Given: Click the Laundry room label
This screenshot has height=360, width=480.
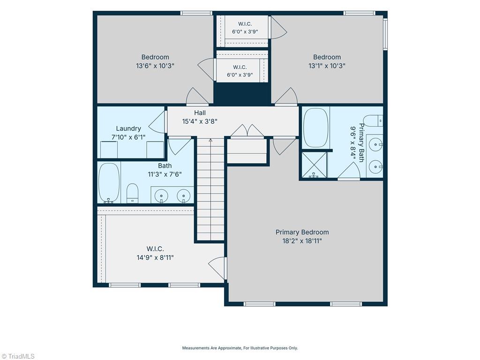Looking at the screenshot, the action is pos(128,128).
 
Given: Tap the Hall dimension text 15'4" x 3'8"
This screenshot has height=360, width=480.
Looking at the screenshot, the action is pos(200,121).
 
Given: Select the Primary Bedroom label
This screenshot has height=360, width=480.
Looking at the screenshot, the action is pos(302,232).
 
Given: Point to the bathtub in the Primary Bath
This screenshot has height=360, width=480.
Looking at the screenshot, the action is pos(315,127).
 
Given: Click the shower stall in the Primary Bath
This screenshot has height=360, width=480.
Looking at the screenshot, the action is pos(314,165).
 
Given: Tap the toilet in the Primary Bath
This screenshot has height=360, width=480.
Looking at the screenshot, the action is pos(374,120).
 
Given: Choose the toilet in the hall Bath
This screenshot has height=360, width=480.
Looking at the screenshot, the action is pos(133,193).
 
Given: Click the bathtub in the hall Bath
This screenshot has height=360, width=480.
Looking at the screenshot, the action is pos(109,183).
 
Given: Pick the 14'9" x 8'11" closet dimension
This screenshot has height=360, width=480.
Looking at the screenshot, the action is pos(155,257).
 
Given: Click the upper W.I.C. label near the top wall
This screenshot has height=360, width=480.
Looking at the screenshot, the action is pos(245,24).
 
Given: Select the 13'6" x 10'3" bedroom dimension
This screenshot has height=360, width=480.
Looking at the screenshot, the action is pos(155,66).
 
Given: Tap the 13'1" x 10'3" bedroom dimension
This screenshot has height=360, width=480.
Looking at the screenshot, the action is pos(327,66).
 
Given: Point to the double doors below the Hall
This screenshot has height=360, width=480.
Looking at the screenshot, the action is pos(247,131).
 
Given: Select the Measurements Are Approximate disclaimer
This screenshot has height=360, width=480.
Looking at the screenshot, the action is pos(240,348).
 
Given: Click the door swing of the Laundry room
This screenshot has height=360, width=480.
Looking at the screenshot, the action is pos(158,122).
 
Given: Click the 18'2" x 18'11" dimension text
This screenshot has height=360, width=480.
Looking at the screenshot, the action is pos(302,241).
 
